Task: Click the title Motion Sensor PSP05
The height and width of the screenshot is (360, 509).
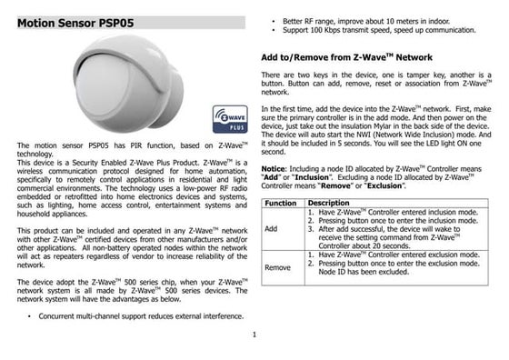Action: (x=75, y=23)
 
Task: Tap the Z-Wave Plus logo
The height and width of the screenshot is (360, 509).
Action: (x=230, y=119)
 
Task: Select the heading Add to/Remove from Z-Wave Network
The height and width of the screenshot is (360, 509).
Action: (x=346, y=57)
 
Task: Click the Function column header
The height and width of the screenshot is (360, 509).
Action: (x=281, y=204)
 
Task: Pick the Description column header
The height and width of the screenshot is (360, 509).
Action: (x=328, y=203)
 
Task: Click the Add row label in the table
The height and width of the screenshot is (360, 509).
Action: (x=271, y=229)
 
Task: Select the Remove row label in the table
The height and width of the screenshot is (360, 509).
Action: (x=277, y=267)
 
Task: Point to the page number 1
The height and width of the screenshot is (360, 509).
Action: (x=254, y=335)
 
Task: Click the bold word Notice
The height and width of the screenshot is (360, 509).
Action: (x=273, y=169)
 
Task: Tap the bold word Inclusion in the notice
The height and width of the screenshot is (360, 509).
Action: (x=312, y=177)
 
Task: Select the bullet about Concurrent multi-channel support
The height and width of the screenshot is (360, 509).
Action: (x=141, y=316)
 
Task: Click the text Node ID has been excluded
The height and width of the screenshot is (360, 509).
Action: (x=364, y=272)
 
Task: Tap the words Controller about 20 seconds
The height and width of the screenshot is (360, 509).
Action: (x=364, y=246)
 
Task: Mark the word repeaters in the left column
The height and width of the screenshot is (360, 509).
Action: (x=68, y=256)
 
